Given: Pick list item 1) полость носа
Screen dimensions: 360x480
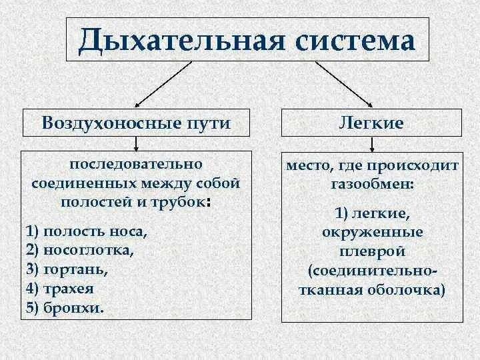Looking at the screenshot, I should click(x=85, y=231).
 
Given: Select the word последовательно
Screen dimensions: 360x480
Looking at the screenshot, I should click(x=136, y=163).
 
